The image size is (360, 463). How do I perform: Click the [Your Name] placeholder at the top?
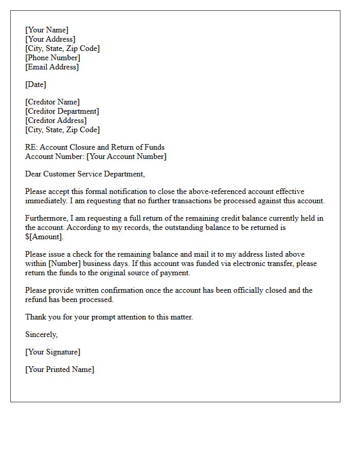pyautogui.click(x=47, y=30)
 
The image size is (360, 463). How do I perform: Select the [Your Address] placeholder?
pyautogui.click(x=50, y=39)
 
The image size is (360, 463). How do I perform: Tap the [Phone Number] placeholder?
pyautogui.click(x=52, y=58)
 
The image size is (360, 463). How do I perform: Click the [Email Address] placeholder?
pyautogui.click(x=52, y=67)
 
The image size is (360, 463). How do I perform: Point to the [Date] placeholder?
pyautogui.click(x=35, y=84)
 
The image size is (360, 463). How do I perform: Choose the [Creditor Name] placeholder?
pyautogui.click(x=52, y=102)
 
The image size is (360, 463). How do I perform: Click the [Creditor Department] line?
pyautogui.click(x=62, y=111)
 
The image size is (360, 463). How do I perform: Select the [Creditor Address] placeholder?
pyautogui.click(x=56, y=120)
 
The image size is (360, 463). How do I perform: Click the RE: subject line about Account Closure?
pyautogui.click(x=95, y=147)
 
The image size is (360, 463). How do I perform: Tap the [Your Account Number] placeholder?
pyautogui.click(x=126, y=156)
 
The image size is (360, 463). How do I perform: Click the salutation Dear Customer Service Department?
pyautogui.click(x=85, y=174)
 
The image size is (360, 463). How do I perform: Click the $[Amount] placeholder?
pyautogui.click(x=44, y=237)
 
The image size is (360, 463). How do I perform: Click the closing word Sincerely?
pyautogui.click(x=41, y=334)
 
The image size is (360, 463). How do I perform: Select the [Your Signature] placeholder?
pyautogui.click(x=52, y=352)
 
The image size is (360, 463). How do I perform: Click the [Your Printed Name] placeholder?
pyautogui.click(x=60, y=369)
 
